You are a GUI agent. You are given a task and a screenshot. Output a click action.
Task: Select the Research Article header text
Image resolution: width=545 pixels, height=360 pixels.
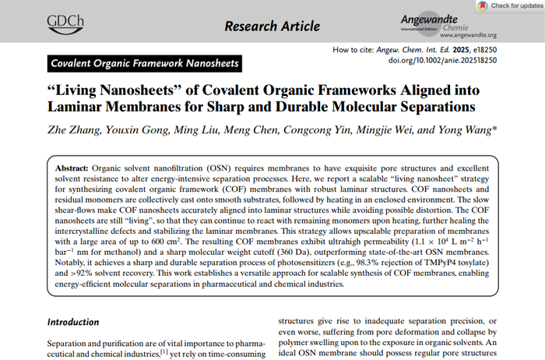click(272, 26)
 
